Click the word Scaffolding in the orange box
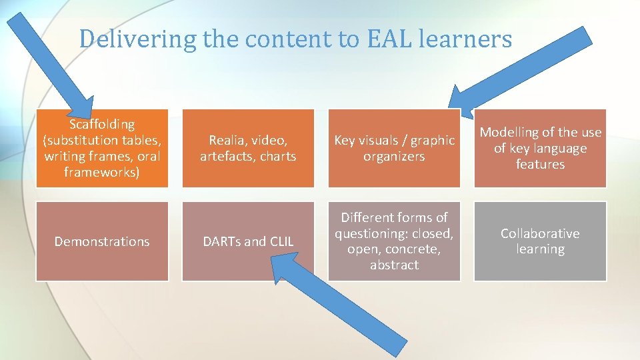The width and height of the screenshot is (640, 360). tap(102, 125)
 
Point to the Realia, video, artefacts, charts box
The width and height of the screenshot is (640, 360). tap(248, 148)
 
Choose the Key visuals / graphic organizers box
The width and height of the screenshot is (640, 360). tap(394, 148)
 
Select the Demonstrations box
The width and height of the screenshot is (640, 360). tap(102, 241)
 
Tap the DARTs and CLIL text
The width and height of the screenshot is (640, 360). tap(248, 241)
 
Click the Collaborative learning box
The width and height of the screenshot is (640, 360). tap(540, 241)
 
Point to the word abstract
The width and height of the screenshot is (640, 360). tap(394, 265)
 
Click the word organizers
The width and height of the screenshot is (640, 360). tap(394, 157)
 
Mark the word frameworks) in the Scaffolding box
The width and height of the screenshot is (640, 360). tap(102, 173)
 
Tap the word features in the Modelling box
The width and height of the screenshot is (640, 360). tap(540, 165)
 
